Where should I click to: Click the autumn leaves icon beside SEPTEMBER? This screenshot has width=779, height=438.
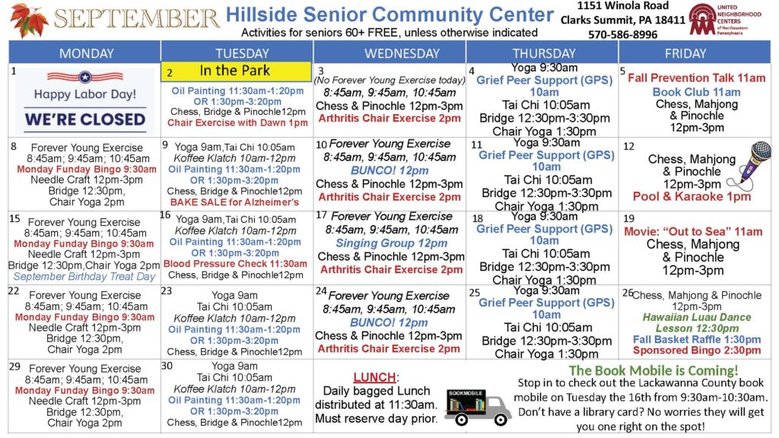point(28,20)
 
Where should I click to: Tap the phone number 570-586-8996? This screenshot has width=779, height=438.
point(622,35)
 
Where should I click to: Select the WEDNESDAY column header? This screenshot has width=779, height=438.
point(402,53)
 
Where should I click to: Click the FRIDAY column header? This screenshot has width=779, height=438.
point(685,53)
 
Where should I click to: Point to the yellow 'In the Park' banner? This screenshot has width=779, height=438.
point(237,71)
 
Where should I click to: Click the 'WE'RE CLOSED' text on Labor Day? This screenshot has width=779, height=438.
point(85,119)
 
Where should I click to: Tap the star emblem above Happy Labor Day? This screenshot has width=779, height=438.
point(85,77)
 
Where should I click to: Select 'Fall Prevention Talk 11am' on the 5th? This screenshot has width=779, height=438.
point(697,78)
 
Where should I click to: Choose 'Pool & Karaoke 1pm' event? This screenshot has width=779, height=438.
point(692,197)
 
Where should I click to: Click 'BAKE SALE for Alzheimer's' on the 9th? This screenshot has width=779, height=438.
point(234,202)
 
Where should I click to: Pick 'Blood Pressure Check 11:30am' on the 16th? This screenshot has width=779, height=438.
point(236,264)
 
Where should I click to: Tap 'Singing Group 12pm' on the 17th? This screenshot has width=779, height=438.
point(392,243)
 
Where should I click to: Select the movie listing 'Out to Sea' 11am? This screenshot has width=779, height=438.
point(693,232)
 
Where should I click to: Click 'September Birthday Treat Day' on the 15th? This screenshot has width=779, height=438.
point(84,277)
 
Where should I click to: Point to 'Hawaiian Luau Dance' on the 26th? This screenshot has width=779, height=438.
point(697,317)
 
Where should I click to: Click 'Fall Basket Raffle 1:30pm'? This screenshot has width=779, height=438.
point(697,340)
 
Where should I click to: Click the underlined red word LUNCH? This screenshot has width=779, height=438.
point(374,377)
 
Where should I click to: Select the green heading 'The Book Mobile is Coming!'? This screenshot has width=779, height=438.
point(653,370)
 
